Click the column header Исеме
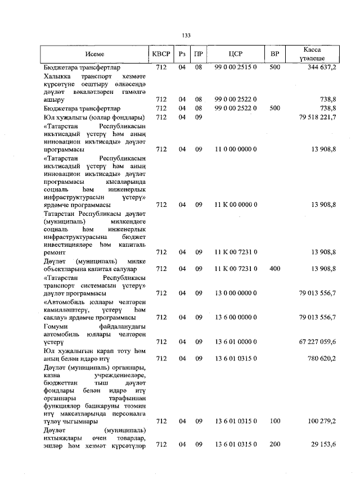[x=95, y=55]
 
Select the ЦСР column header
[x=236, y=55]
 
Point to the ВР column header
[x=274, y=55]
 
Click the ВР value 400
[x=274, y=269]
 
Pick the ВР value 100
[x=274, y=421]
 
